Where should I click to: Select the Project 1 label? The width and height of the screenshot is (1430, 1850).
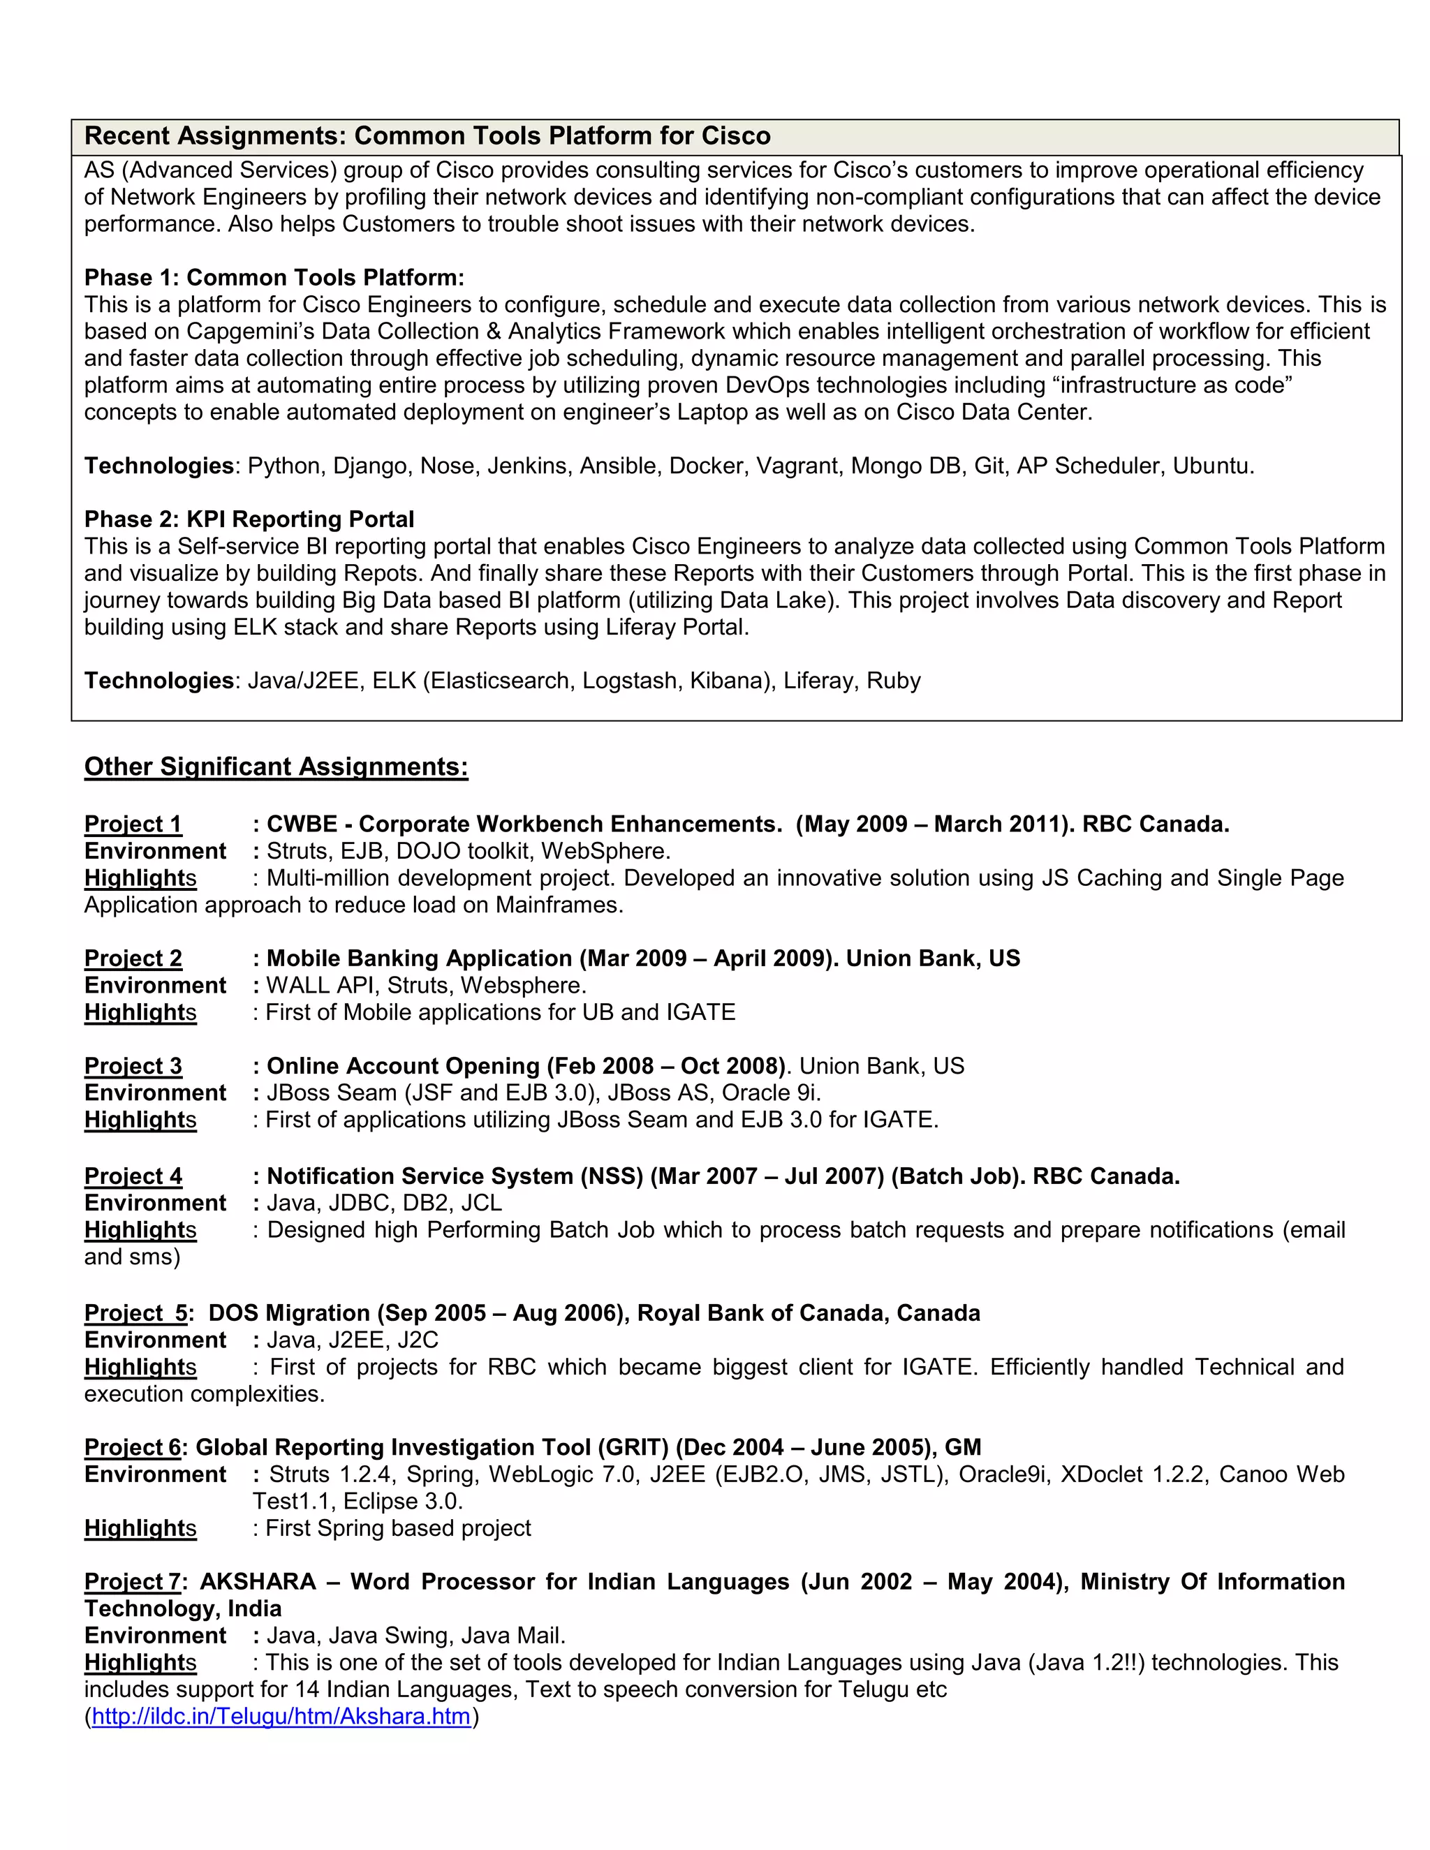133,824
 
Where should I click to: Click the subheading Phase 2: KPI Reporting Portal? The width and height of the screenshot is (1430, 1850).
249,519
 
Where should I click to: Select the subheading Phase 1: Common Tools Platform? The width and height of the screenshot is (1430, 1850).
274,278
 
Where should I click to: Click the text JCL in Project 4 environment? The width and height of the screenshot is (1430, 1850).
482,1203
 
